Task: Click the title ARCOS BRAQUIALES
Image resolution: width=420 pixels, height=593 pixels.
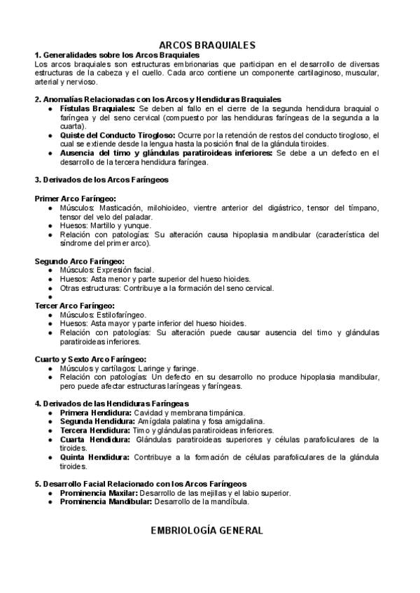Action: click(207, 44)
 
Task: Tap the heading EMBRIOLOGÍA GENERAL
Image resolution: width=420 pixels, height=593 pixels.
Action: click(207, 531)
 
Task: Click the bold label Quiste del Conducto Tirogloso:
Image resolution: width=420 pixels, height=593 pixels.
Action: click(118, 134)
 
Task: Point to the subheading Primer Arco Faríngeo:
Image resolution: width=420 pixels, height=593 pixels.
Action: click(76, 199)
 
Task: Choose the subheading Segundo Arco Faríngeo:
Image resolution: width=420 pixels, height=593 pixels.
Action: click(80, 261)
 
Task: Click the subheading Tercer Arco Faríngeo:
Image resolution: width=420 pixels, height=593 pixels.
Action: click(75, 306)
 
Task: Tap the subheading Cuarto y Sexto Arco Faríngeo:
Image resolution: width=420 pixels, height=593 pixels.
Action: click(91, 359)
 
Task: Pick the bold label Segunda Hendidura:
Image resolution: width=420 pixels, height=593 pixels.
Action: click(97, 422)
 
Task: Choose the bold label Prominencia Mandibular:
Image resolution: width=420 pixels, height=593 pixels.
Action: click(106, 501)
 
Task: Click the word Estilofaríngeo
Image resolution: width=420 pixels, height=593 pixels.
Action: click(122, 315)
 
